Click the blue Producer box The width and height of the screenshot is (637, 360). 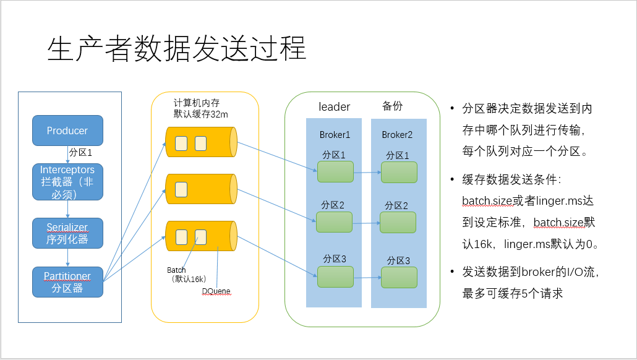click(67, 131)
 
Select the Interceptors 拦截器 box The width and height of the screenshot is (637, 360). click(67, 182)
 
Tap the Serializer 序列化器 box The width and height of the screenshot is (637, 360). click(67, 233)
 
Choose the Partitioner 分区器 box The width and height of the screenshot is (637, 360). click(67, 282)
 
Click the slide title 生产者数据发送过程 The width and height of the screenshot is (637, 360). click(177, 49)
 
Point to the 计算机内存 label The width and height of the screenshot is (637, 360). click(197, 103)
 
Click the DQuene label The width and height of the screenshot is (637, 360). click(216, 291)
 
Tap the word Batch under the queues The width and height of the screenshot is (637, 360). click(176, 270)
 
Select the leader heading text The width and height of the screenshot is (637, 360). click(335, 107)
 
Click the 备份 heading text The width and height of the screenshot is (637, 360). click(393, 106)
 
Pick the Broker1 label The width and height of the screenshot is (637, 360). click(335, 134)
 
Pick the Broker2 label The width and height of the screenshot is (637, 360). click(397, 134)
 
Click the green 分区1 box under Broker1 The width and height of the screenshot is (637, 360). click(335, 172)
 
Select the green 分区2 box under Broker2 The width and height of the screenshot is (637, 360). click(398, 223)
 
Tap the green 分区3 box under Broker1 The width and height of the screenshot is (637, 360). click(335, 277)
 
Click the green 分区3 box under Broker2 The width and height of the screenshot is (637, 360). click(399, 278)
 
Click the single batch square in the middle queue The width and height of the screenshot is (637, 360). click(181, 190)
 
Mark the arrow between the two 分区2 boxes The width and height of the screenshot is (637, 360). click(367, 223)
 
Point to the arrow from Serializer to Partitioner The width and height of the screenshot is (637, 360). click(67, 257)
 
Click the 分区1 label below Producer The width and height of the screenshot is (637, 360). click(80, 152)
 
